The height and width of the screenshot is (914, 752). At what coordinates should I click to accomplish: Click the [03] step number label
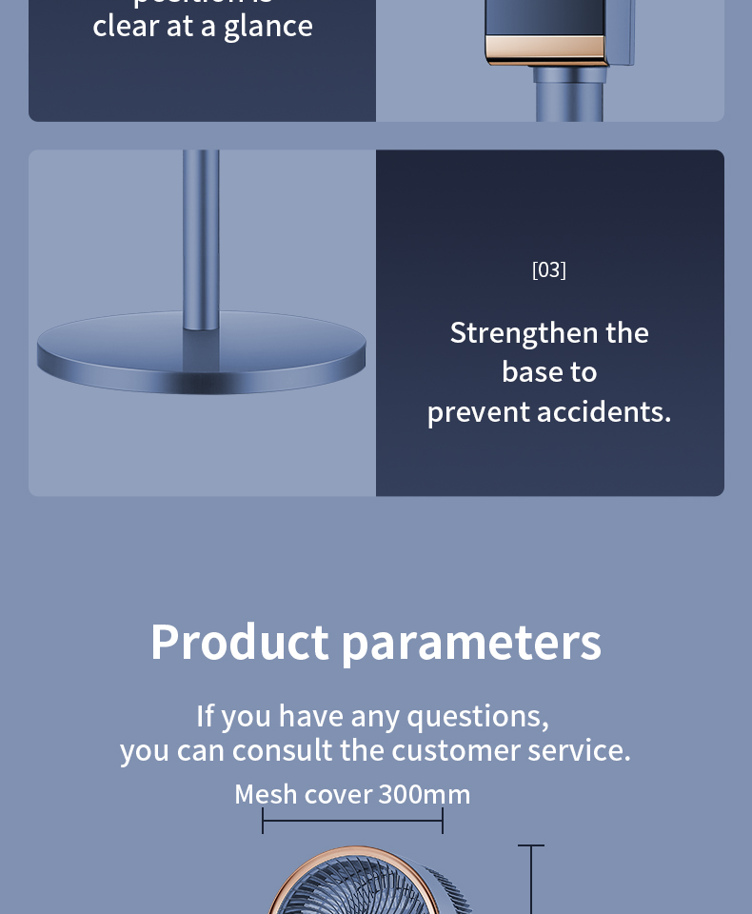[549, 270]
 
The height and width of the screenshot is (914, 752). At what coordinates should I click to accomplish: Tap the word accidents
[604, 412]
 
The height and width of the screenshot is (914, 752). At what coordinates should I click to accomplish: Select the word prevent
[478, 412]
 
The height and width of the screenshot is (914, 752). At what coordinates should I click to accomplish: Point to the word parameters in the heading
[471, 644]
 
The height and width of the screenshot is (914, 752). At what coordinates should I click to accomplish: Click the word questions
[478, 716]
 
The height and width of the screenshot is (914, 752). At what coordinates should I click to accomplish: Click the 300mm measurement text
[425, 794]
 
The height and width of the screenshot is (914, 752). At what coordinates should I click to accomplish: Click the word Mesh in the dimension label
[266, 794]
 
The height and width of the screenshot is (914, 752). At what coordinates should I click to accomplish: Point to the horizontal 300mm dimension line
[352, 820]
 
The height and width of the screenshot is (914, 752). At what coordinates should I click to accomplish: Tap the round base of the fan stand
[201, 357]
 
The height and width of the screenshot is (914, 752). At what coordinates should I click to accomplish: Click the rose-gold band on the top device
[545, 48]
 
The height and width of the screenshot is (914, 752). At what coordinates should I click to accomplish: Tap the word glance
[268, 26]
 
